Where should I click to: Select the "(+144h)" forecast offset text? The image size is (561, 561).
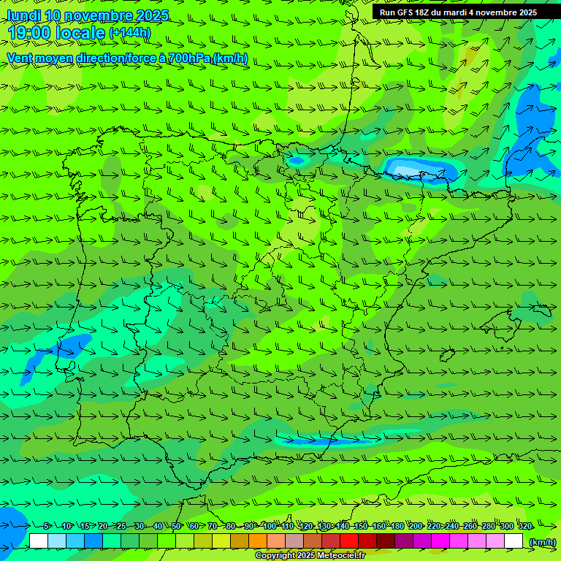(x=130, y=33)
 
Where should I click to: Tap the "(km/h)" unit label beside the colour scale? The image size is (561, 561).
(x=541, y=541)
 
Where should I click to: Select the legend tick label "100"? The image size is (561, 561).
(x=270, y=526)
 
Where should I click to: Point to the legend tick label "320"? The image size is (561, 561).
(x=524, y=526)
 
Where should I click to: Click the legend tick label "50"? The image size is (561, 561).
(x=176, y=526)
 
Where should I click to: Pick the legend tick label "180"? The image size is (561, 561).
(x=397, y=526)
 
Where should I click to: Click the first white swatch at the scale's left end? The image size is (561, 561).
(x=39, y=541)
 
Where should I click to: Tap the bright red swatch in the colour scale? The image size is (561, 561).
(x=349, y=541)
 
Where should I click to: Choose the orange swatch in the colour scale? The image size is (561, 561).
(x=258, y=541)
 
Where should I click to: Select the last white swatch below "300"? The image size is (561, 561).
(x=514, y=541)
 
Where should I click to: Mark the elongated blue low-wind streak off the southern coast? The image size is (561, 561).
(x=329, y=440)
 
